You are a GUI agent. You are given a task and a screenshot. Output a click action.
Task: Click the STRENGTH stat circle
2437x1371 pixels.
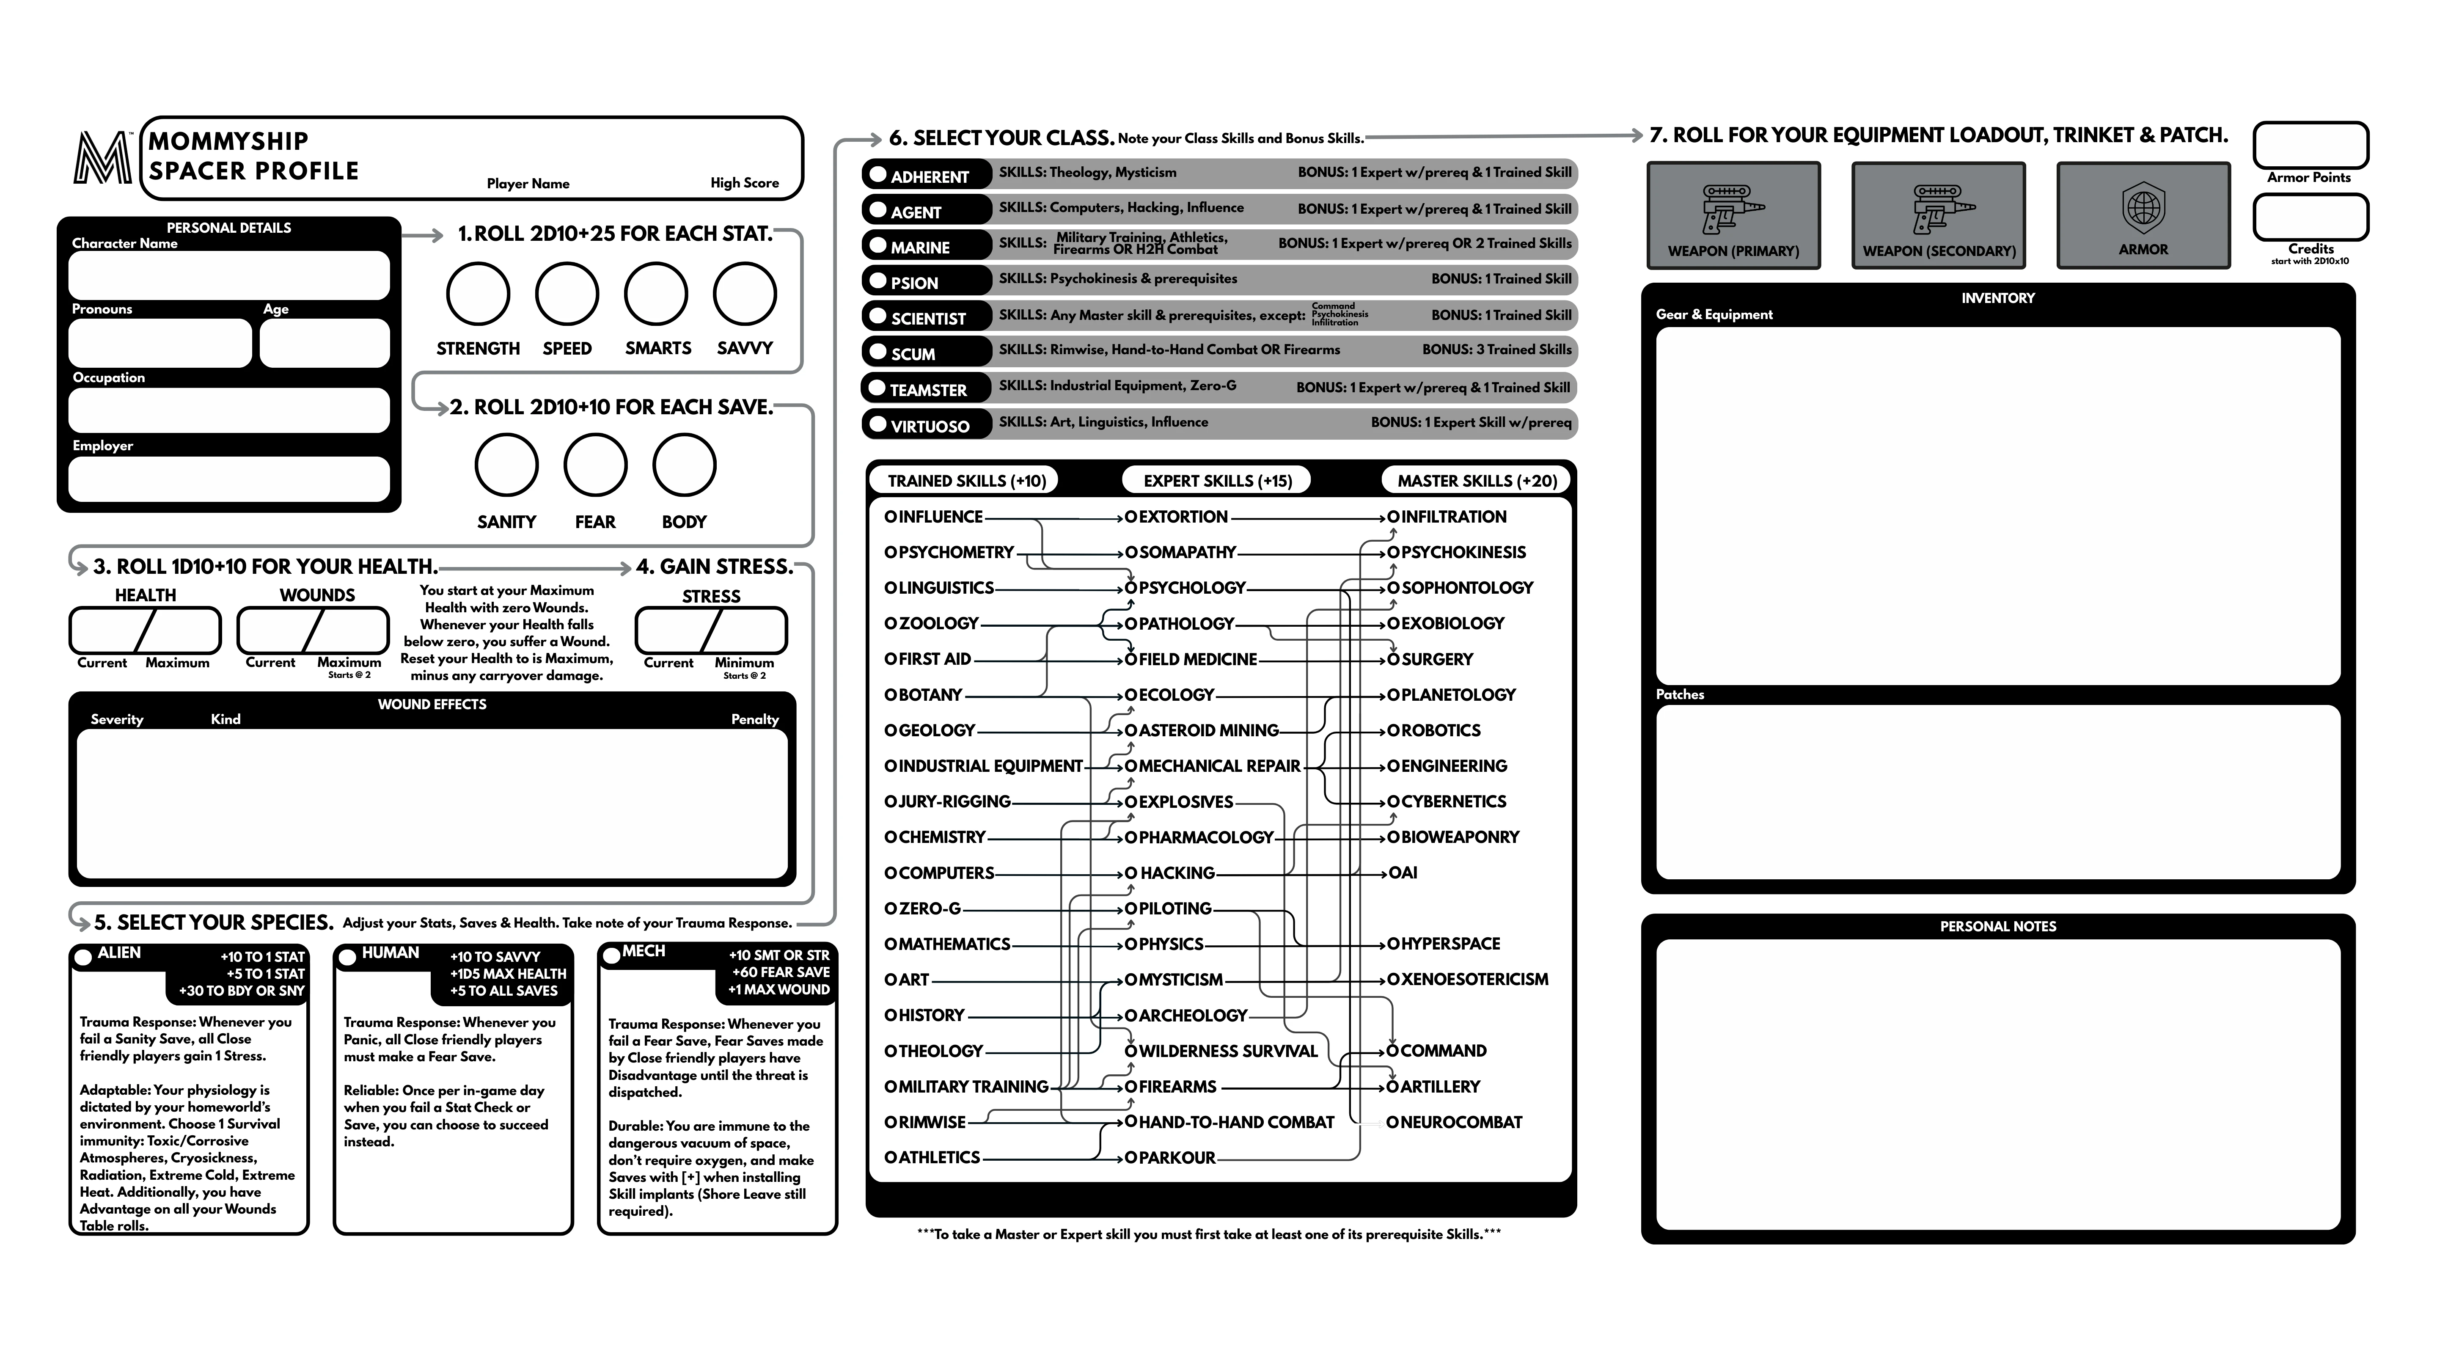click(478, 294)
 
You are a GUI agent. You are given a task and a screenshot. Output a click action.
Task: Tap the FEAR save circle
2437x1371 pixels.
click(595, 465)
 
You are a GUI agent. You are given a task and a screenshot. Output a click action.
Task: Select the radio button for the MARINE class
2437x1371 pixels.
click(878, 245)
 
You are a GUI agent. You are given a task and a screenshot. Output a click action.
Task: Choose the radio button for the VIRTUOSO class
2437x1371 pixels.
click(878, 424)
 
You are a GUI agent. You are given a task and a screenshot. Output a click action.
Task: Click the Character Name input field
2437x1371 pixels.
click(229, 275)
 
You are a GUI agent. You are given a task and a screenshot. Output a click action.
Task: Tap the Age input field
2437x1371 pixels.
click(325, 342)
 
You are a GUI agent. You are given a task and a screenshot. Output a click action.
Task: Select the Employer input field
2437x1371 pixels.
click(229, 479)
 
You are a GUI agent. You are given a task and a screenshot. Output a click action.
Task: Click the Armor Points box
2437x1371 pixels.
click(2310, 146)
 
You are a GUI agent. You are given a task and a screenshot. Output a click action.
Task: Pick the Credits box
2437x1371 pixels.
click(2310, 217)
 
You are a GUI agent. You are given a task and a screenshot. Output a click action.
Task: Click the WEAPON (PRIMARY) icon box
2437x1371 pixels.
click(1733, 215)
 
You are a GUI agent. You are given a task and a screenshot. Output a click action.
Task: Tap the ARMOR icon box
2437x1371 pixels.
click(2143, 215)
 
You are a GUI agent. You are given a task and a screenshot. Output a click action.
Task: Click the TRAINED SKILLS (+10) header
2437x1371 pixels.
click(966, 481)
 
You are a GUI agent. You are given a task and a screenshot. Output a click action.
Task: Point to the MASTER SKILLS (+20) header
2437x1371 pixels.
click(1477, 481)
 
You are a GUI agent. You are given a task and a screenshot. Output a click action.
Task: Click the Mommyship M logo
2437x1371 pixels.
click(102, 158)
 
